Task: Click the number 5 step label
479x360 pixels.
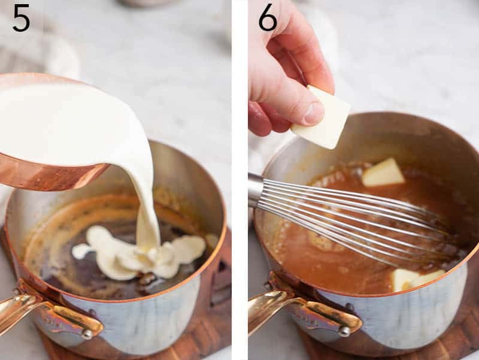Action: click(21, 18)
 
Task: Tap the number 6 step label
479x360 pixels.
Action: click(268, 18)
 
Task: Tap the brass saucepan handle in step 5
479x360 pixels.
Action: click(24, 308)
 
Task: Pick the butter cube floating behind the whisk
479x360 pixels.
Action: click(383, 173)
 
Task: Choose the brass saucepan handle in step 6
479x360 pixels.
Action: click(272, 308)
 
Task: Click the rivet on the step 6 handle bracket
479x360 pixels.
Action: click(344, 330)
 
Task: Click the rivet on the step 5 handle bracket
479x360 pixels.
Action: click(87, 334)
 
